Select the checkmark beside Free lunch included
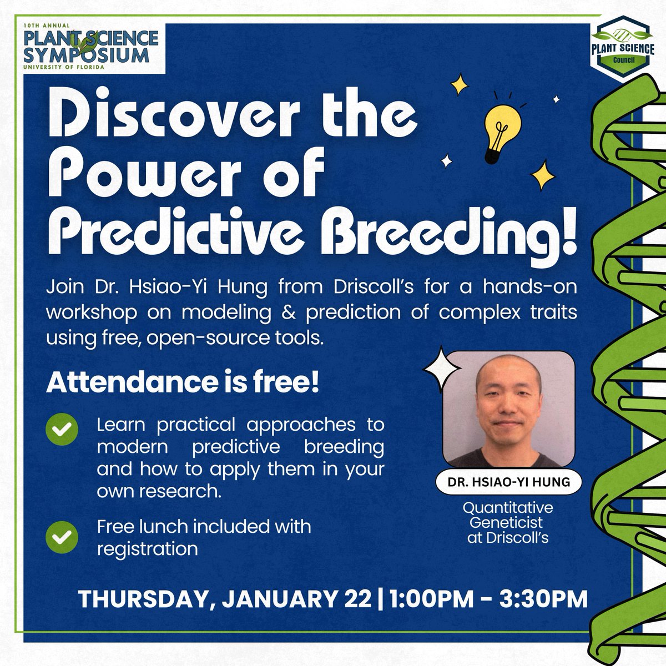click(x=62, y=537)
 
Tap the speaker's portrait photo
click(x=509, y=409)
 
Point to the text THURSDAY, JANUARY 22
click(x=224, y=599)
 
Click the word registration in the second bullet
click(x=147, y=549)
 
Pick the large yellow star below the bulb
click(x=542, y=176)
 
